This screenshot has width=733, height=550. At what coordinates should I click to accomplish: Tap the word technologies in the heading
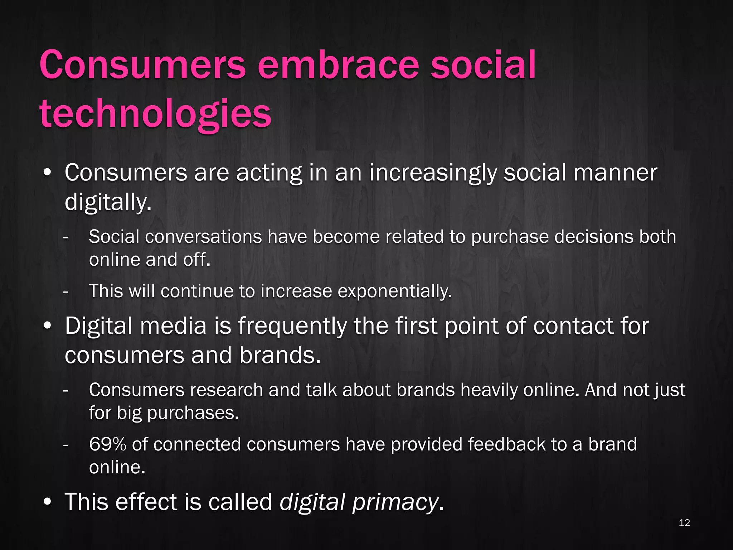pos(156,114)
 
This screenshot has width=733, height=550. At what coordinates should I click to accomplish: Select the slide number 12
pos(684,523)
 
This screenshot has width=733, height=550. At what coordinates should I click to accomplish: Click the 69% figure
pos(107,444)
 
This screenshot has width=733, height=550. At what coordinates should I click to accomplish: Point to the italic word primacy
pos(395,502)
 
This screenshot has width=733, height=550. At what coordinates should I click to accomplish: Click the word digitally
pos(108,202)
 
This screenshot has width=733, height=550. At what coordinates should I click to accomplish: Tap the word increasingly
pos(433,173)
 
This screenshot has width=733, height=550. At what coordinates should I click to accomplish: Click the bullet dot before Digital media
pos(47,326)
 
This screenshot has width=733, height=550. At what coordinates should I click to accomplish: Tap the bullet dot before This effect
pos(47,502)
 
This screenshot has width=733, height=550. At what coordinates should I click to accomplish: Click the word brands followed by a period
pos(280,356)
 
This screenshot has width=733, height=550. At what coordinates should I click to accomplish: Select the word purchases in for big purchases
pos(193,413)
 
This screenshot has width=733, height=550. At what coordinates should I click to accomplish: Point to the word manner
pos(615,173)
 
